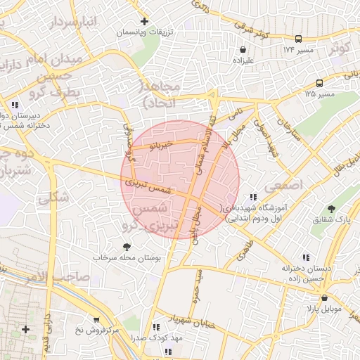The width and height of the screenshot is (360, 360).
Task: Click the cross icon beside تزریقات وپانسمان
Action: pyautogui.click(x=145, y=22)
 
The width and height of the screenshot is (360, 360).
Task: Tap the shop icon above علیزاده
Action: pyautogui.click(x=243, y=51)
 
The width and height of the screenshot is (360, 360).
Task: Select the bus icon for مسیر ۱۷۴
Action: pyautogui.click(x=299, y=39)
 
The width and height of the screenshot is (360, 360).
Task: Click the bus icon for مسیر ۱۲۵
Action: pyautogui.click(x=320, y=82)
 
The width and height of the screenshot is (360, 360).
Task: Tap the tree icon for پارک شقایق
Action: pyautogui.click(x=331, y=209)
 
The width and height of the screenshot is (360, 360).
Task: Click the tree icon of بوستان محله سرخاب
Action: pyautogui.click(x=127, y=247)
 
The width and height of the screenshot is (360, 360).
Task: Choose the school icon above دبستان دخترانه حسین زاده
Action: pyautogui.click(x=305, y=258)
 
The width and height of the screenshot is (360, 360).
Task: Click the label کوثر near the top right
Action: pyautogui.click(x=340, y=49)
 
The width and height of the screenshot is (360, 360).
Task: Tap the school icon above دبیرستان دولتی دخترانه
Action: pyautogui.click(x=15, y=105)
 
